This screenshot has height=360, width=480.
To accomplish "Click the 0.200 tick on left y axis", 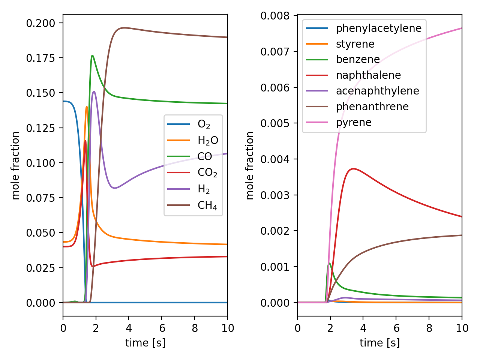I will (x=40, y=23).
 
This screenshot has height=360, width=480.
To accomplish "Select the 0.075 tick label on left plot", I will (x=40, y=198).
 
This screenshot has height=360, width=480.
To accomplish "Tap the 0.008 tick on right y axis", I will (x=275, y=16).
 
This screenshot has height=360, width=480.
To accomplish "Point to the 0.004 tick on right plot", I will (x=275, y=159).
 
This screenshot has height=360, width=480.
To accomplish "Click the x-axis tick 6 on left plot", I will (x=162, y=328).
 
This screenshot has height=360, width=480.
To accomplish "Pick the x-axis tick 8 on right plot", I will (x=429, y=328).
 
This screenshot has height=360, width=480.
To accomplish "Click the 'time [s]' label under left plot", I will (x=145, y=343).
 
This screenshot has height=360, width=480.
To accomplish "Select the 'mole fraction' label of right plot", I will (x=250, y=165).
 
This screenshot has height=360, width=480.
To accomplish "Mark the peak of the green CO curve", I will (x=92, y=55).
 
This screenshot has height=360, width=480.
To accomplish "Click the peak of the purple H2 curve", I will (x=94, y=91).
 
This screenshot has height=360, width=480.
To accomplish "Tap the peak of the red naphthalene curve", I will (x=353, y=169).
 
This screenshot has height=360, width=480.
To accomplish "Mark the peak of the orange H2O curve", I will (x=87, y=106).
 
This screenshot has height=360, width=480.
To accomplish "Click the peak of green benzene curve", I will (x=330, y=263).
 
